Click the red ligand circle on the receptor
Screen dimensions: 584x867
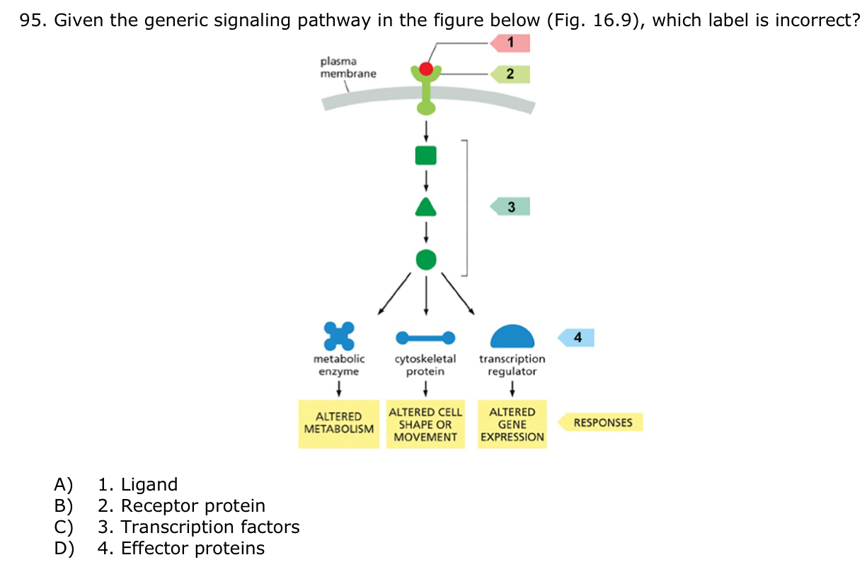(x=425, y=69)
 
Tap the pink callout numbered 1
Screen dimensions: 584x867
(x=510, y=43)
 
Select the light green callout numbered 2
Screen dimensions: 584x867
(x=510, y=74)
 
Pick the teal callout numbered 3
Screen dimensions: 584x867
(x=510, y=207)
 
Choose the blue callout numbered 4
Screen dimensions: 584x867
(x=578, y=338)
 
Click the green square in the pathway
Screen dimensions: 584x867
(x=425, y=155)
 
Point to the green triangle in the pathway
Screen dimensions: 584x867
(x=425, y=207)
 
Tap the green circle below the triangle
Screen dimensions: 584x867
(x=425, y=259)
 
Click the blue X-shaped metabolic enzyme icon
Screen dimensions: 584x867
(x=338, y=336)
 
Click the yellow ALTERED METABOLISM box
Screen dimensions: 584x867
(x=338, y=423)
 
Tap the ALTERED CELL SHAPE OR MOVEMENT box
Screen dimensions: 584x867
(x=425, y=424)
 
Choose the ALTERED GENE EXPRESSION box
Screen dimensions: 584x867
(x=512, y=424)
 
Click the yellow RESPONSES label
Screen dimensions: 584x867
(x=602, y=423)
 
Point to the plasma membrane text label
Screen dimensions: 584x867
(x=348, y=68)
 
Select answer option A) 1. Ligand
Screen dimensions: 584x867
(x=137, y=485)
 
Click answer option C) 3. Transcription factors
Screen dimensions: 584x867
(x=198, y=527)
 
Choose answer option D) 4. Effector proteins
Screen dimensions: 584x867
(x=180, y=549)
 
